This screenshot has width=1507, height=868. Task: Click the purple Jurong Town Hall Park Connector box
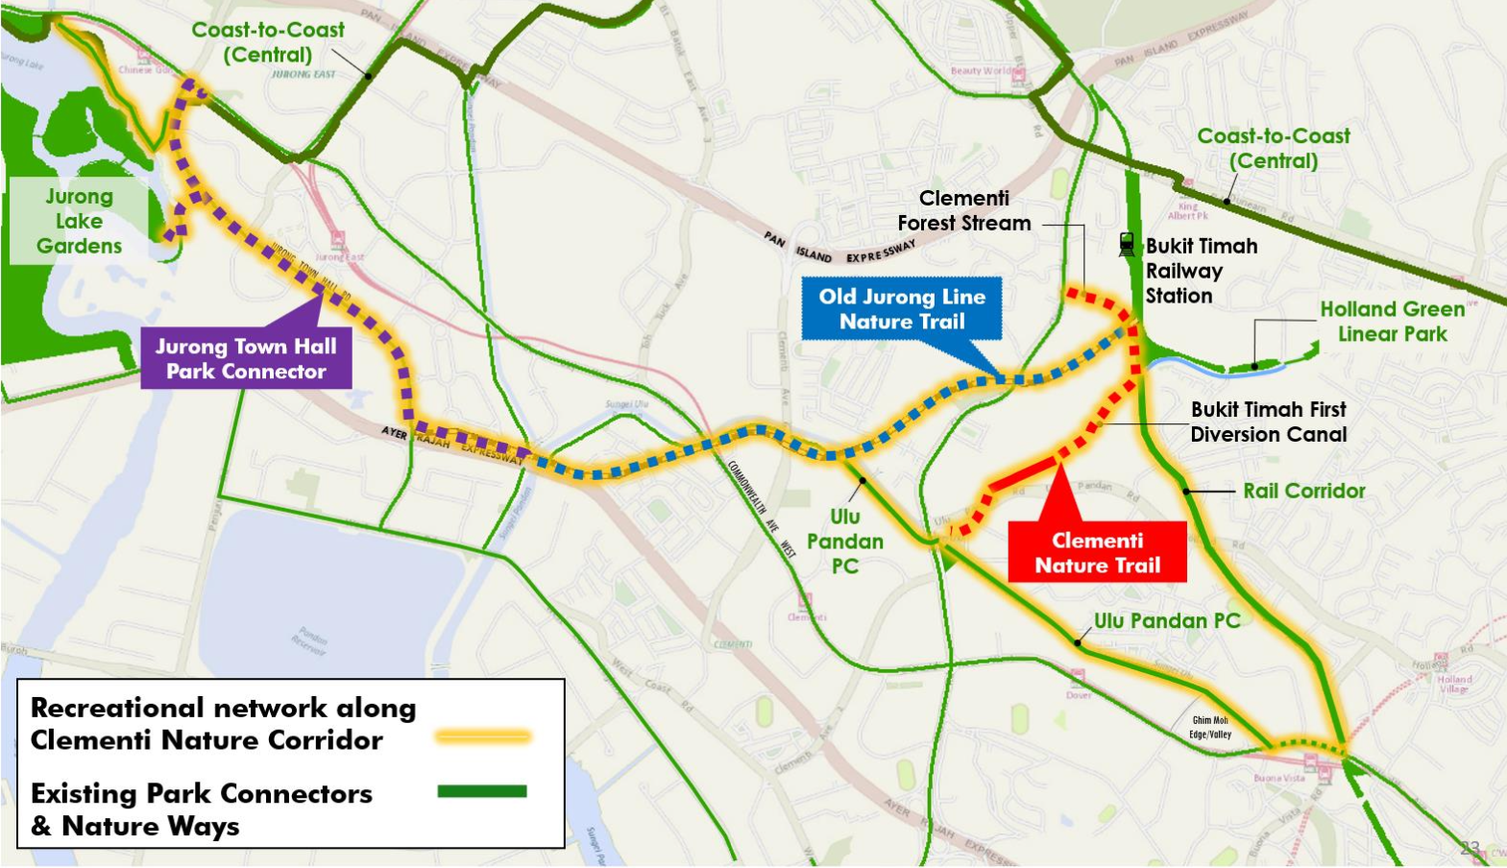click(246, 359)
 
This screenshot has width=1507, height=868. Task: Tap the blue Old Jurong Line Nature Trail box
click(901, 309)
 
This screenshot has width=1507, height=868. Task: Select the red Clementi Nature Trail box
click(1097, 553)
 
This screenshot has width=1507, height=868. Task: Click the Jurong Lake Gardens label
click(79, 221)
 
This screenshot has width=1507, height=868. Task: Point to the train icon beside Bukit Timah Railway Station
click(1127, 245)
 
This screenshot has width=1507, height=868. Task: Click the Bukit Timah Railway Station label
click(1200, 271)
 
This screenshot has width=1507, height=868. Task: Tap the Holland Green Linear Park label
click(1392, 322)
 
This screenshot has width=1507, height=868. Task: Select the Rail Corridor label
click(1303, 491)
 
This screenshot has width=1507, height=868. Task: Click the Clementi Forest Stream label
click(963, 210)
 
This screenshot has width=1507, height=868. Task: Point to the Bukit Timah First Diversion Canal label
click(1268, 422)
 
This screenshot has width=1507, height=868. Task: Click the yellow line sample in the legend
click(482, 736)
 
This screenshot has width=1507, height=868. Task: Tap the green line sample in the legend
click(482, 791)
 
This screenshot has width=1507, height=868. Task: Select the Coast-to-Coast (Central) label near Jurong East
click(267, 42)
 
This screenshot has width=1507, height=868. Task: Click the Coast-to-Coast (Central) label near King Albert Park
click(1273, 149)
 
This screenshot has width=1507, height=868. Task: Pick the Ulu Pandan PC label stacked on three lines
click(844, 542)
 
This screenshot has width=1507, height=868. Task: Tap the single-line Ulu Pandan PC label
click(1167, 621)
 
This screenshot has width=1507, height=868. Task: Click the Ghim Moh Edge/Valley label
click(1209, 727)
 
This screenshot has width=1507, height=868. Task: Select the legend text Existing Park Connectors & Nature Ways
click(201, 809)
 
